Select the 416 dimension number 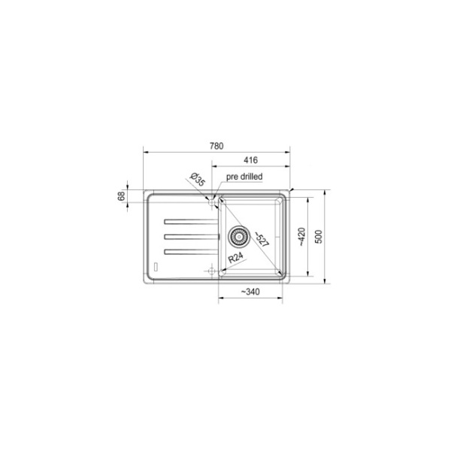[x=251, y=160]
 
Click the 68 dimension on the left [x=121, y=197]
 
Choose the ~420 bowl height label [x=301, y=238]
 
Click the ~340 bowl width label [x=250, y=292]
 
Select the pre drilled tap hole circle [x=212, y=201]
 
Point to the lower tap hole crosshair [x=213, y=270]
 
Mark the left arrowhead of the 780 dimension [x=145, y=152]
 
